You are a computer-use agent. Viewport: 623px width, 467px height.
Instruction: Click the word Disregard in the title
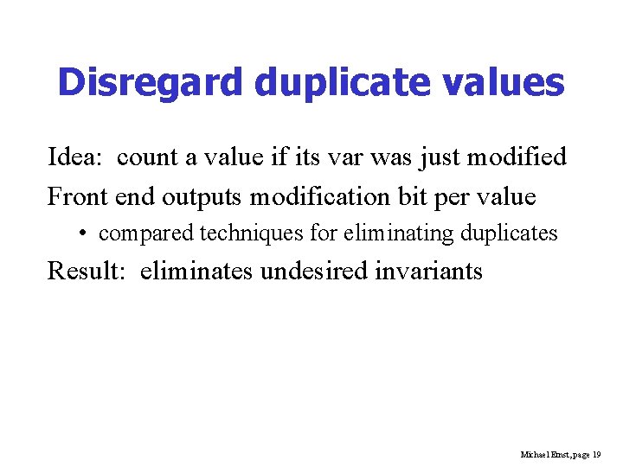(x=151, y=83)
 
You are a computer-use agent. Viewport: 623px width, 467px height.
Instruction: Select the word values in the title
(x=508, y=83)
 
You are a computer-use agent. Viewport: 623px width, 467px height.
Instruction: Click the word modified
(x=517, y=157)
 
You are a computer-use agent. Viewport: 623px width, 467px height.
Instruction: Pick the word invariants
(x=431, y=272)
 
